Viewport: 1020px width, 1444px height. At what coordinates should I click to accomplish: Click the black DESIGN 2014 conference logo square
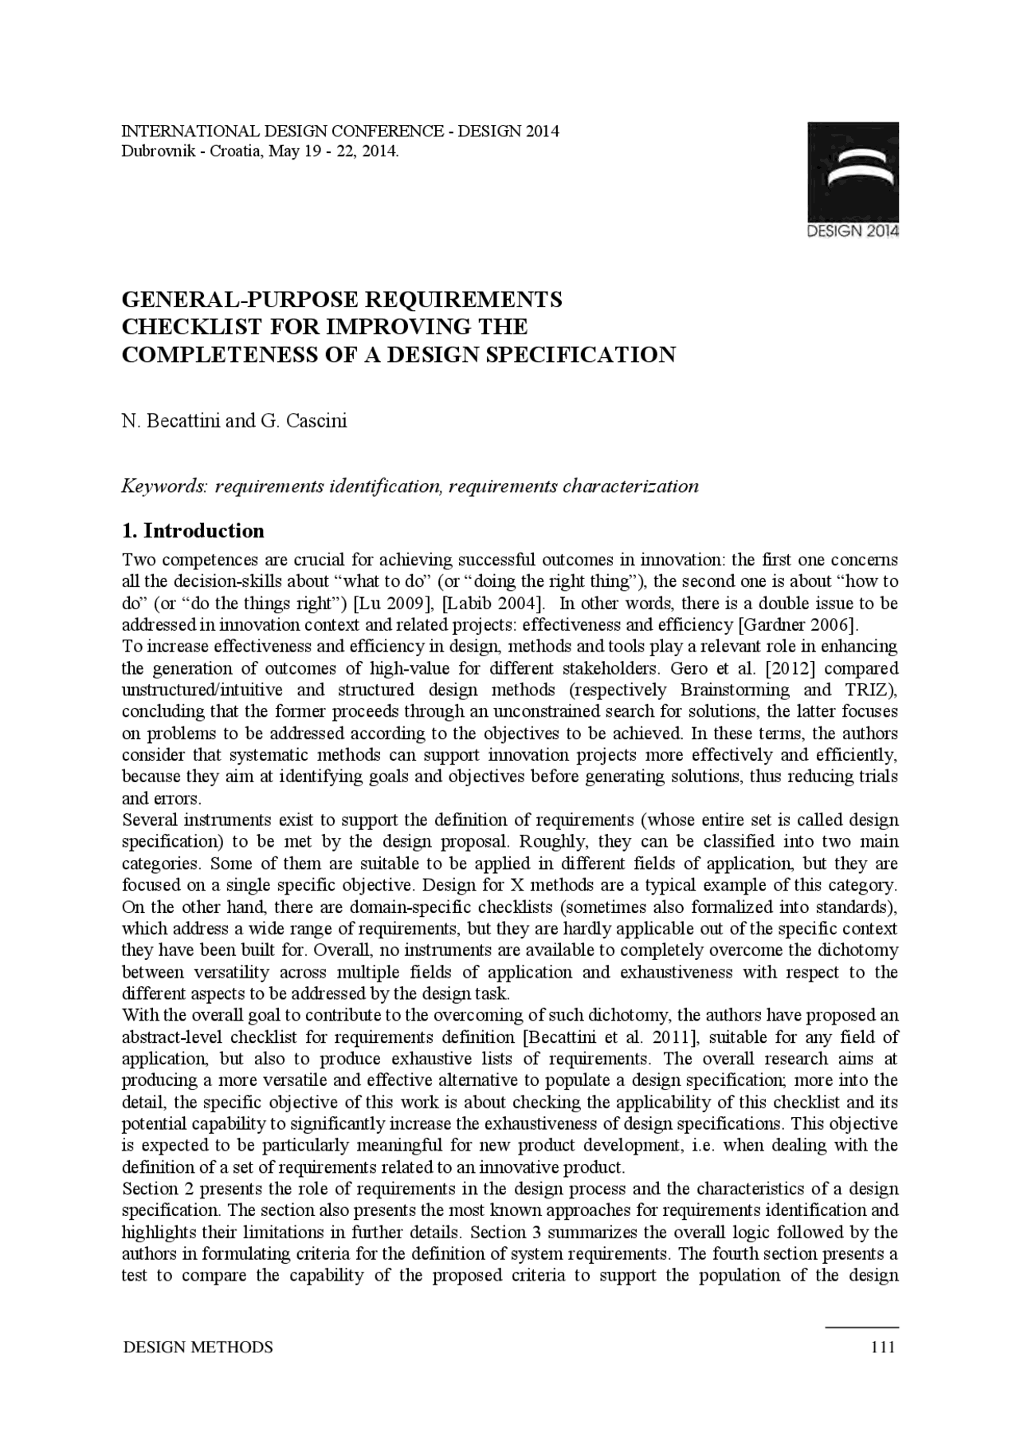click(x=853, y=171)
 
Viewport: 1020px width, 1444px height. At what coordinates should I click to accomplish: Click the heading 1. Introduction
click(x=193, y=531)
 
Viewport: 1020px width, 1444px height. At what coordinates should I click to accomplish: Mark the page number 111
click(x=884, y=1348)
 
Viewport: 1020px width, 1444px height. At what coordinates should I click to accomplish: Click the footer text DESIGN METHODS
click(x=198, y=1348)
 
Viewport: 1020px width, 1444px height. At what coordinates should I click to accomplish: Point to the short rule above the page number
click(x=862, y=1327)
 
